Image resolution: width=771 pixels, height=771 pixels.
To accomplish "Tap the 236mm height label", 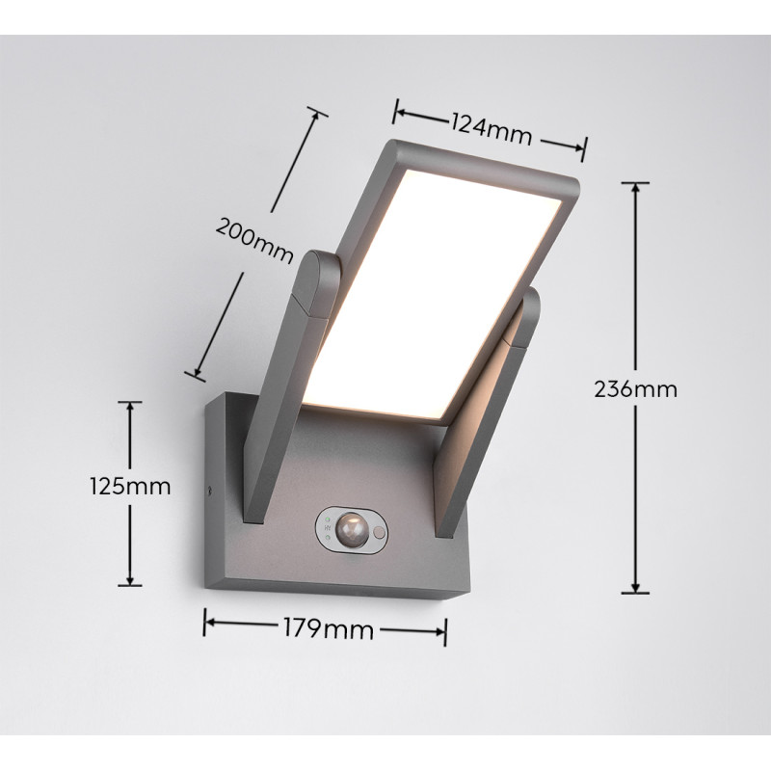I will click(x=635, y=389).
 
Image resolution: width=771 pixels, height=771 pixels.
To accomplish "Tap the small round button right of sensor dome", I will click(x=380, y=531).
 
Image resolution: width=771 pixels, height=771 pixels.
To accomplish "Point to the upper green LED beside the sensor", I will click(x=329, y=519).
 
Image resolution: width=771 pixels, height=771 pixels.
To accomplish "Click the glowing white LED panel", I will click(x=443, y=279).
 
